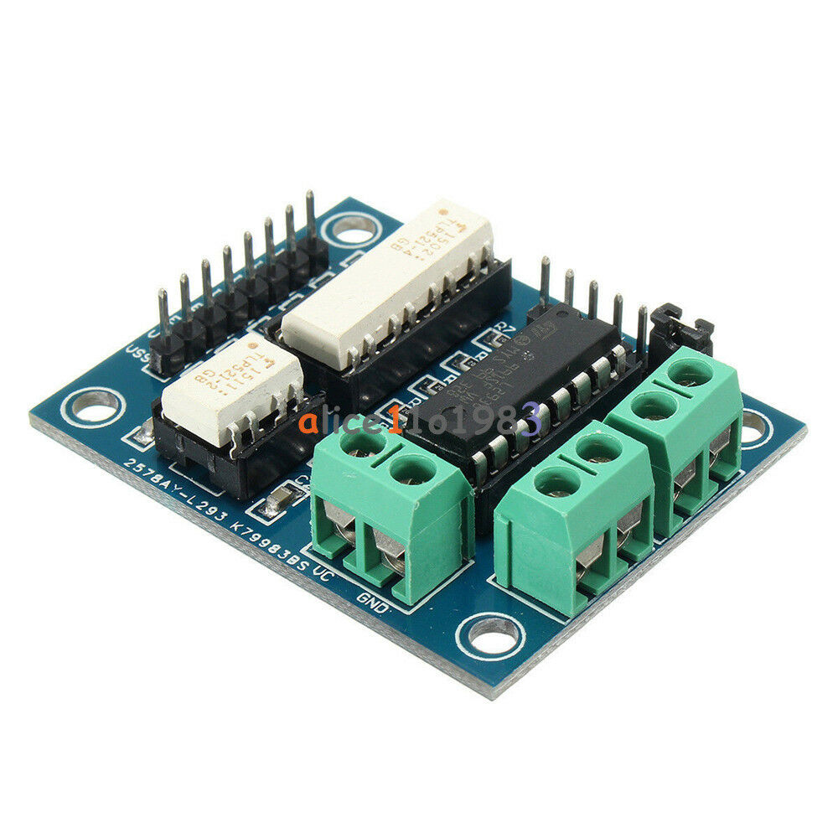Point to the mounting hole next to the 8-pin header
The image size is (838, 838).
tap(353, 228)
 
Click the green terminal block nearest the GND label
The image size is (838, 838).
tap(390, 511)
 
